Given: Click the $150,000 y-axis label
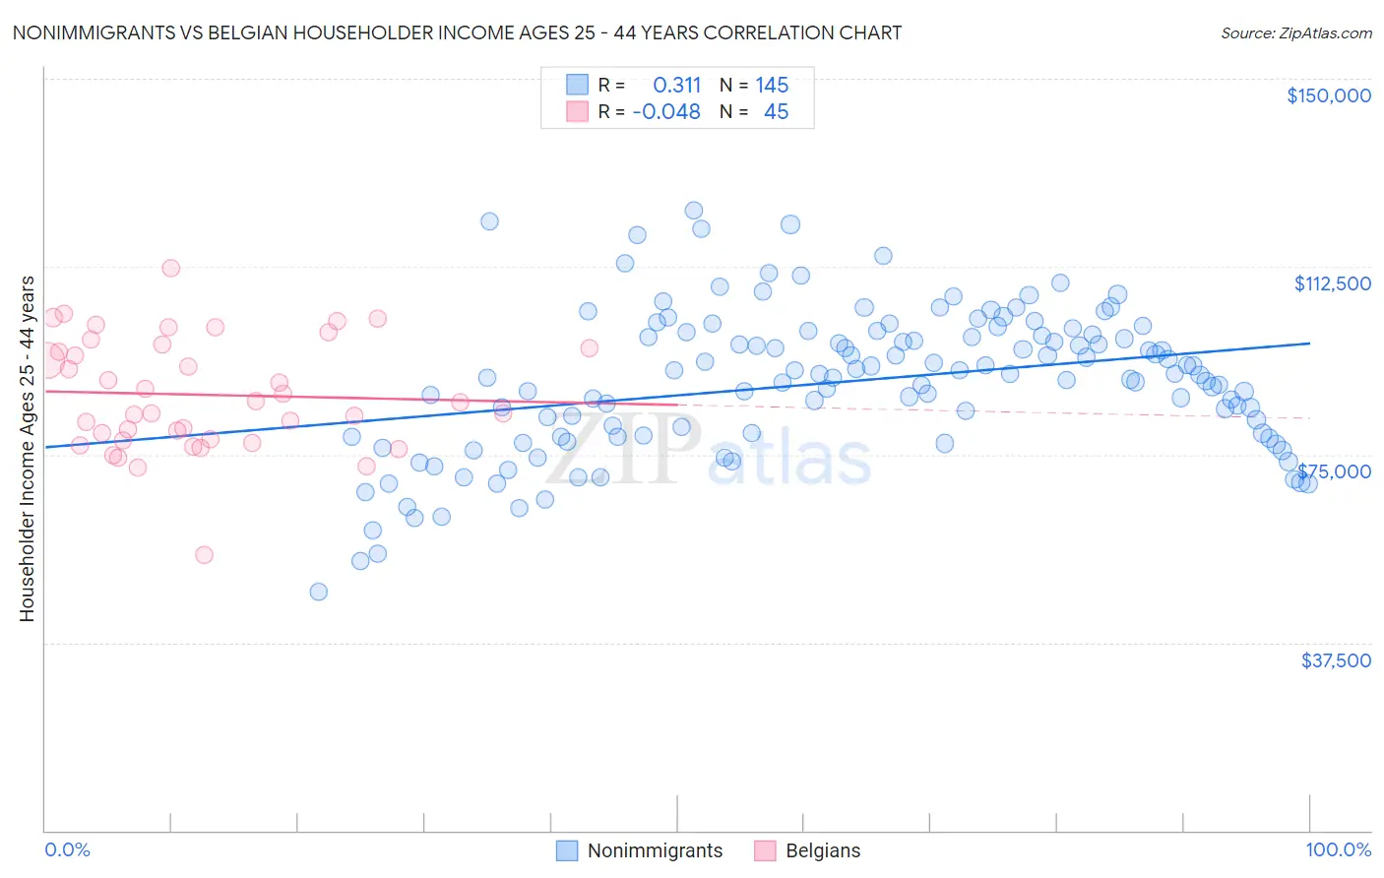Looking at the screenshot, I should [x=1328, y=95].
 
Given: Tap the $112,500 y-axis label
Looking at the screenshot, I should [x=1332, y=283].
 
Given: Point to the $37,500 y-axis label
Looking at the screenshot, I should [x=1336, y=660].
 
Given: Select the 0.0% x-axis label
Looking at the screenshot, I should [x=67, y=849].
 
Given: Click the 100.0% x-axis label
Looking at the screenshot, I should [x=1338, y=849].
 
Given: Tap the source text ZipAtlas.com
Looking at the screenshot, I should [x=1325, y=32].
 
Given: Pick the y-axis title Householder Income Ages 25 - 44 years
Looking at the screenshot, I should [x=27, y=448].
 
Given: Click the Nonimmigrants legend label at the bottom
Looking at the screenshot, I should [x=655, y=850].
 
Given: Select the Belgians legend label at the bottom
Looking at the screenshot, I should [x=823, y=850].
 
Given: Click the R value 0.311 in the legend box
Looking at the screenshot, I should [x=676, y=86].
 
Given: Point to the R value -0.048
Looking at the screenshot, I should [x=666, y=112].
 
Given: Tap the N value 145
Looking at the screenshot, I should [x=772, y=86].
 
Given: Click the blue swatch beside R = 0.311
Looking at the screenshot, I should [x=577, y=85].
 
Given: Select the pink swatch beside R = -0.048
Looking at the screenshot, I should [x=577, y=111].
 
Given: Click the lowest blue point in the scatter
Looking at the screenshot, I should [x=318, y=592].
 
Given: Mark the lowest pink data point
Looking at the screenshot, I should [x=204, y=555].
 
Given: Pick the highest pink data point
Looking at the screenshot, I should [x=170, y=268].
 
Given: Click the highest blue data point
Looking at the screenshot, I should [x=693, y=211].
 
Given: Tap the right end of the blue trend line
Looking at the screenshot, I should [x=1309, y=344].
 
